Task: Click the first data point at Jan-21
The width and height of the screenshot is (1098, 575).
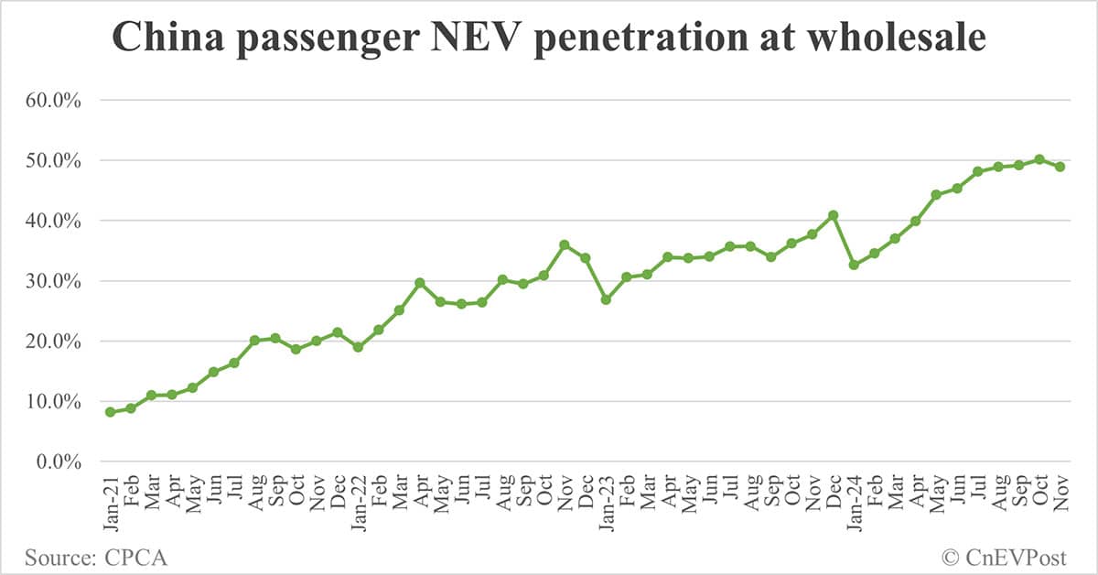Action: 111,412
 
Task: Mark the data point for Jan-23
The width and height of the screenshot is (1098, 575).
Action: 606,299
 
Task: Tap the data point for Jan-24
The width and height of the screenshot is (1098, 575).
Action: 854,265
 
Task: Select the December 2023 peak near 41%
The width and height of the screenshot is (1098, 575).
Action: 833,215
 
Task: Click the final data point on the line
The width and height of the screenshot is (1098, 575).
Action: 1060,167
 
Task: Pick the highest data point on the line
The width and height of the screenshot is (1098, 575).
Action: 1039,159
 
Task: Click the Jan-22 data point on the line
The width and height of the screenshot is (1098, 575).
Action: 358,347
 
